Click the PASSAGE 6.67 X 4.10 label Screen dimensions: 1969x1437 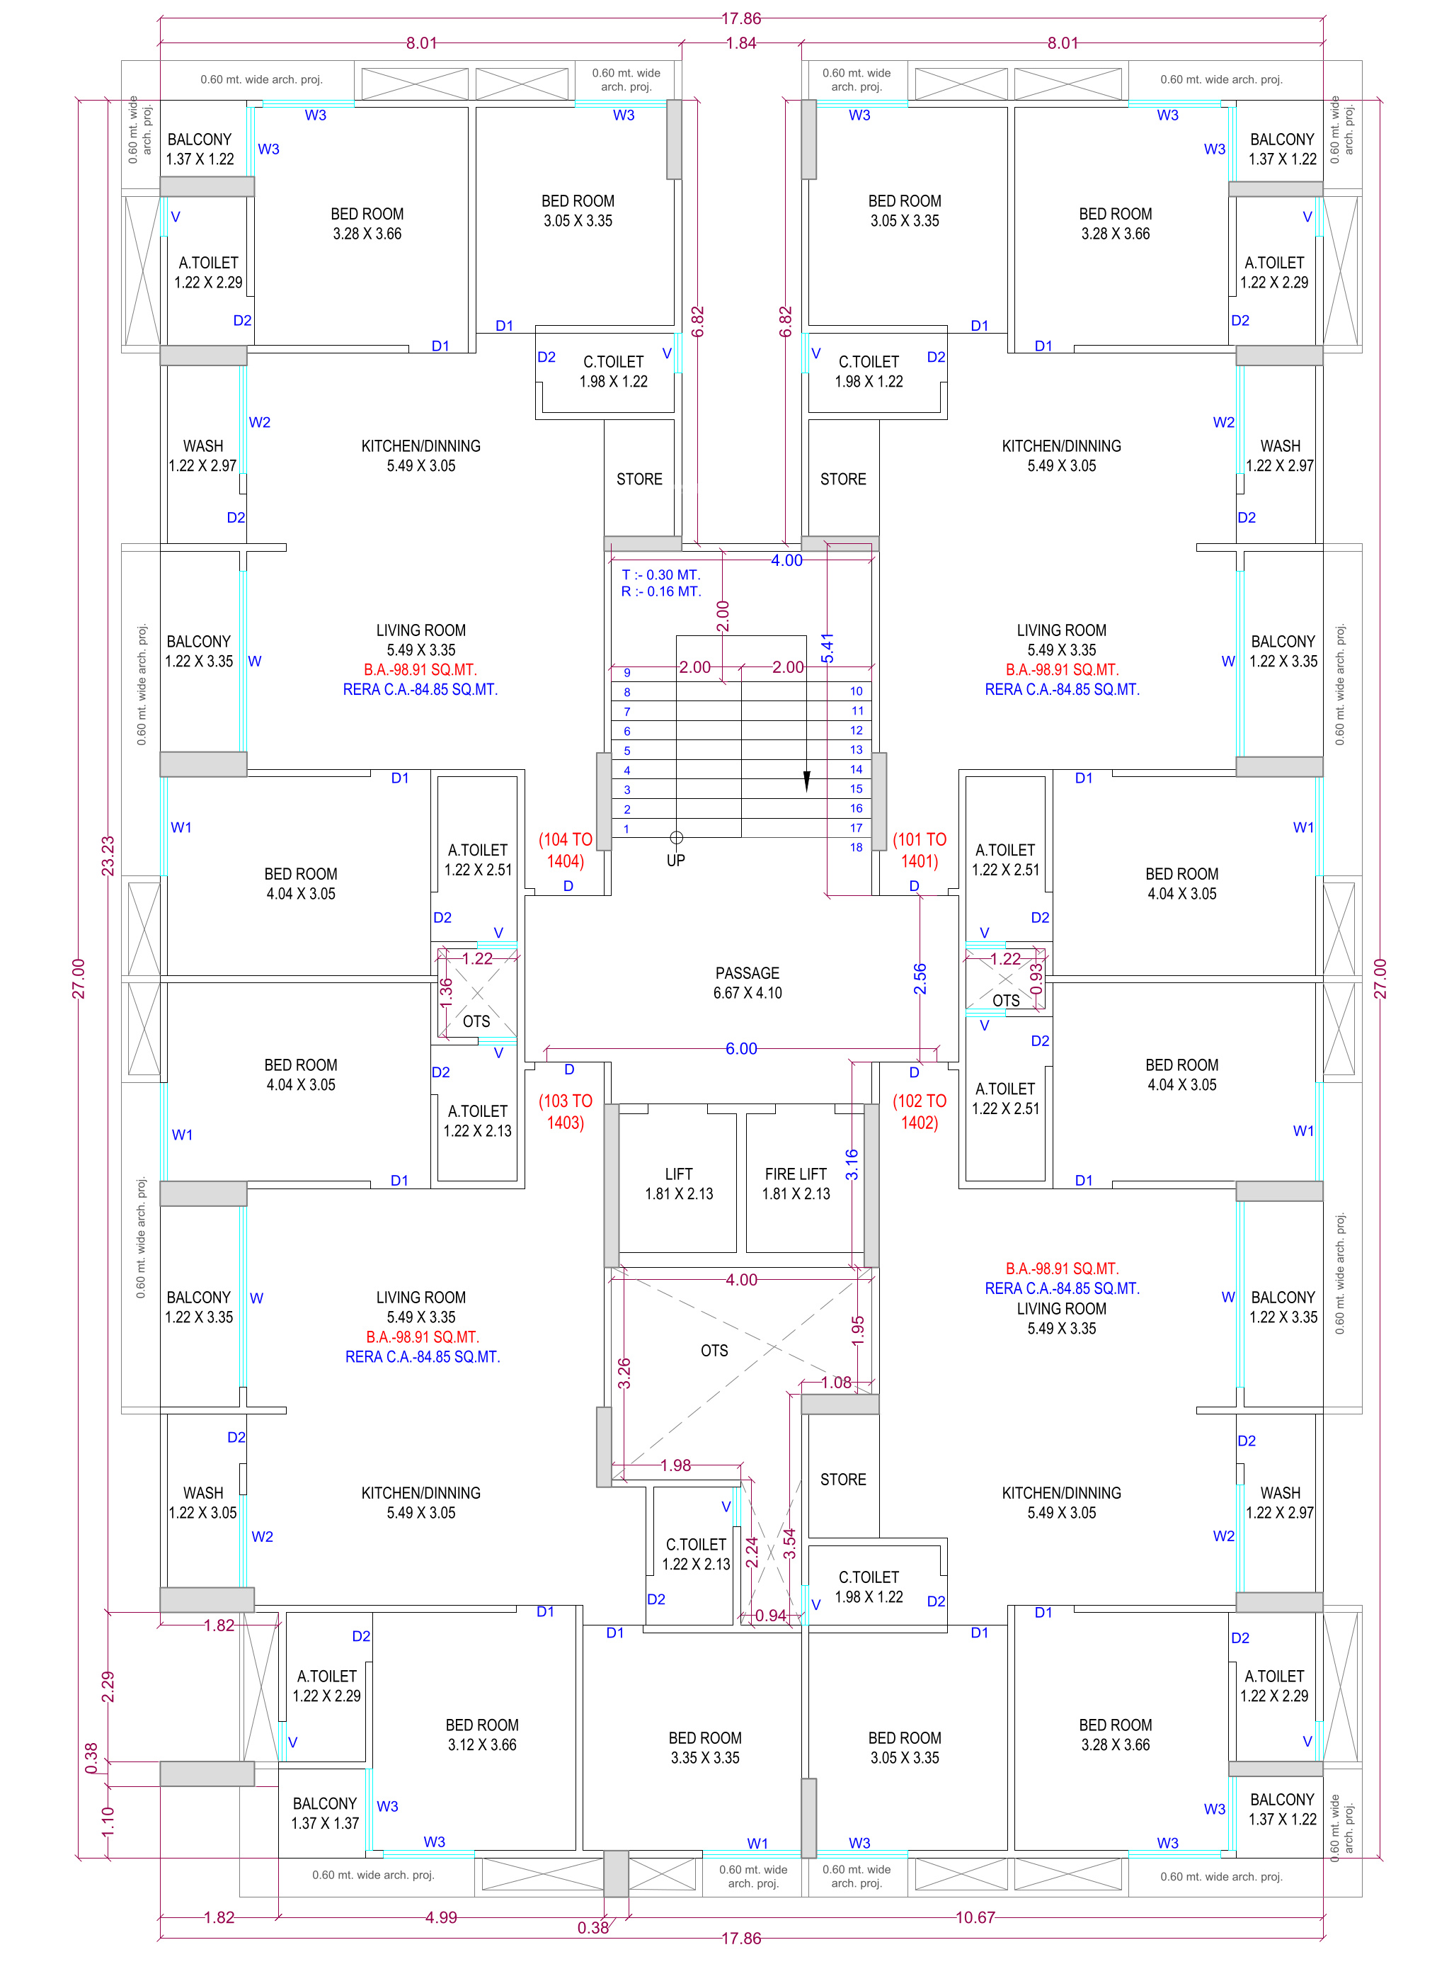pos(748,983)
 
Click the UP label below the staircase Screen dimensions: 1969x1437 pos(676,861)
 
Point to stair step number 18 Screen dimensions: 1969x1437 pos(856,848)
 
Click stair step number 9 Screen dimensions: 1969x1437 pos(627,673)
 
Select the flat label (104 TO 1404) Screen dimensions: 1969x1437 pos(566,850)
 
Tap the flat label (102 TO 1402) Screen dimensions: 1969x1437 pos(920,1111)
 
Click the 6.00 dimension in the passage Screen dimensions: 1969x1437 pos(741,1048)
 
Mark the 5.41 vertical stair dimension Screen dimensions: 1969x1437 pos(828,648)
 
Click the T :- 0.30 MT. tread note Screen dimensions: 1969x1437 pos(661,575)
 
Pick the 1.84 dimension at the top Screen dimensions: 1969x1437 pos(741,43)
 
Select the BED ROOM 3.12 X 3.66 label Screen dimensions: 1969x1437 pos(482,1734)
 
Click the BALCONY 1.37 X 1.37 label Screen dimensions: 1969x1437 pos(324,1812)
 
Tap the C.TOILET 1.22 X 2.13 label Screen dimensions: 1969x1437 pos(696,1553)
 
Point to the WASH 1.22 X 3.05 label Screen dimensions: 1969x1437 pos(202,1502)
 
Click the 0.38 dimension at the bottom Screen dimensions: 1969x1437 pos(593,1927)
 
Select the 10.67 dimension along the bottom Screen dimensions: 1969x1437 pos(975,1917)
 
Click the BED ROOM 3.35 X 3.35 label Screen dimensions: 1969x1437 pos(704,1747)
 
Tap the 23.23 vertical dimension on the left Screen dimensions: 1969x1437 pos(108,856)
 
